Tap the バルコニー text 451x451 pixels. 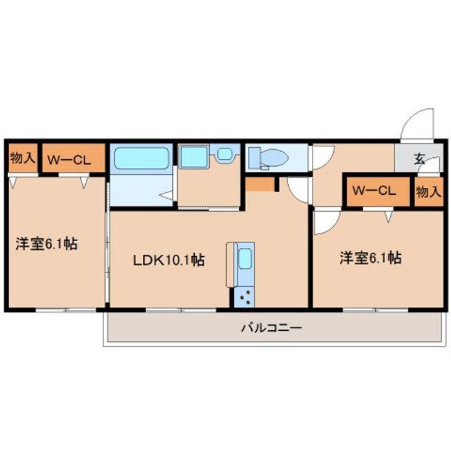point(271,328)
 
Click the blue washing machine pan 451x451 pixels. point(193,157)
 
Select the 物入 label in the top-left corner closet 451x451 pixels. point(23,158)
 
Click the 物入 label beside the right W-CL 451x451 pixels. point(428,192)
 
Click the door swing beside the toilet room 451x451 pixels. point(298,189)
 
